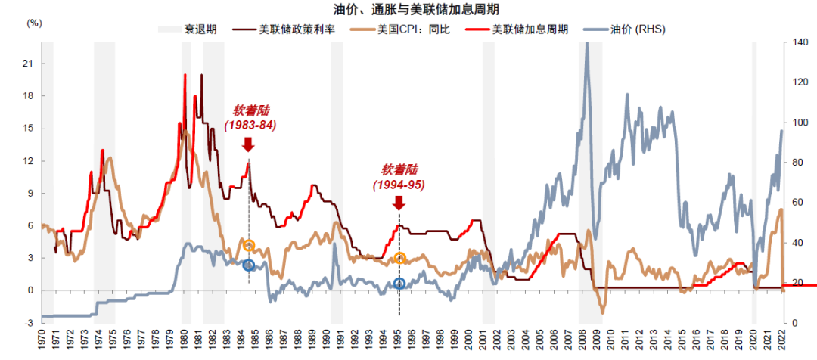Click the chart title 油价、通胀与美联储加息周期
[408, 9]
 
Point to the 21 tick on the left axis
[29, 64]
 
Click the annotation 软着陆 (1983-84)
[250, 118]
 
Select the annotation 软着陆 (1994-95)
[398, 177]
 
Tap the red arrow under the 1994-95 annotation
[399, 202]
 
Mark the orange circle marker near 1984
[249, 245]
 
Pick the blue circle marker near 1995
[399, 284]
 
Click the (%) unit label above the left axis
[35, 23]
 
